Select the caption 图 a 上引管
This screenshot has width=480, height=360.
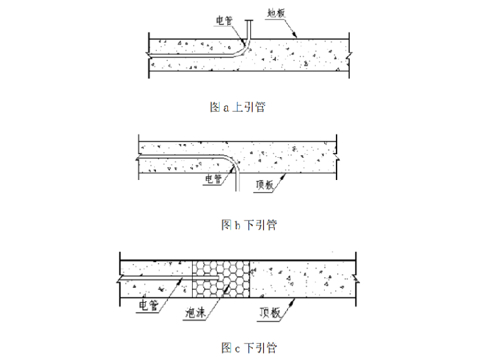tap(237, 107)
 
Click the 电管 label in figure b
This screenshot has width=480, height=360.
tap(213, 179)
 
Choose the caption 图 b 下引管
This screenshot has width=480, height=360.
tap(249, 225)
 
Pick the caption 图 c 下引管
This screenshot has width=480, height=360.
tap(249, 347)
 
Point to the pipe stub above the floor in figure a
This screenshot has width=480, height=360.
tap(249, 28)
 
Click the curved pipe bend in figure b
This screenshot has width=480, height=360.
tap(230, 162)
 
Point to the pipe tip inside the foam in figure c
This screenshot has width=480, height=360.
tap(218, 277)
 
